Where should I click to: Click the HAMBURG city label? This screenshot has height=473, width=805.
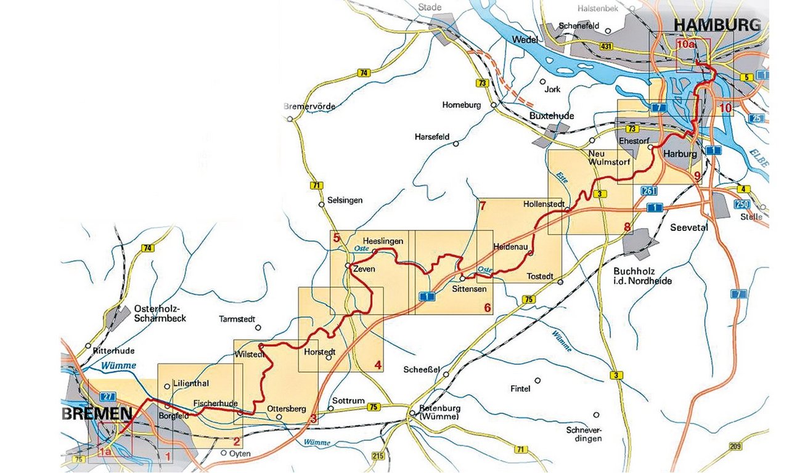[717, 25]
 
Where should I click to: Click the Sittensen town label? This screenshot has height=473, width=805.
[470, 288]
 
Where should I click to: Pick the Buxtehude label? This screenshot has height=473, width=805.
[552, 115]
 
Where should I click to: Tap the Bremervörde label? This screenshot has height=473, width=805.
[309, 107]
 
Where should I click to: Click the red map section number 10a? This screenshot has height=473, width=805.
[685, 45]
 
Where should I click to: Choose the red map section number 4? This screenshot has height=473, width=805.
[378, 365]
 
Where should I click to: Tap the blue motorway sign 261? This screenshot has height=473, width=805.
[648, 190]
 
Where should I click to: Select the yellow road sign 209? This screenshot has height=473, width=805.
[735, 447]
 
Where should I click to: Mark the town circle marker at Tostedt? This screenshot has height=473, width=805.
[560, 282]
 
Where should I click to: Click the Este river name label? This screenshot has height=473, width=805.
[561, 177]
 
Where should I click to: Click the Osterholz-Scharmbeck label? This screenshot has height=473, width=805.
[159, 313]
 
